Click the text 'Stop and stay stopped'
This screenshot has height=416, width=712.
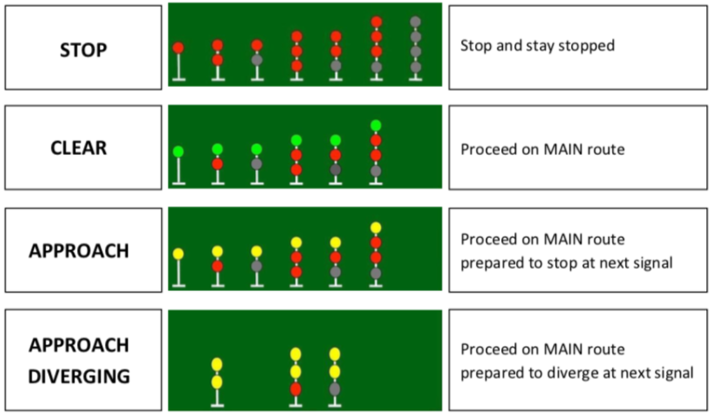[538, 46]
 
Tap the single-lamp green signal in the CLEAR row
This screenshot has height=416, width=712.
[178, 151]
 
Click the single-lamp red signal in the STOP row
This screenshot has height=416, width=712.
[178, 48]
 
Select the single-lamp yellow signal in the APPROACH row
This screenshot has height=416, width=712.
[178, 253]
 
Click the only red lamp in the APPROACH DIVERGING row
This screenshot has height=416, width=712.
[295, 388]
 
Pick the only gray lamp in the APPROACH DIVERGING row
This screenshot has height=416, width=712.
[335, 388]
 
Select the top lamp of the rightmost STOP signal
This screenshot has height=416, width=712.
[415, 21]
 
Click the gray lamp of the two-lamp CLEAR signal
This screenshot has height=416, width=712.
[256, 163]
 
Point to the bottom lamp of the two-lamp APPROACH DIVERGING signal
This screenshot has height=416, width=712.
[217, 381]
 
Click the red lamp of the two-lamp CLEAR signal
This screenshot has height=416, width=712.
[217, 163]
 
